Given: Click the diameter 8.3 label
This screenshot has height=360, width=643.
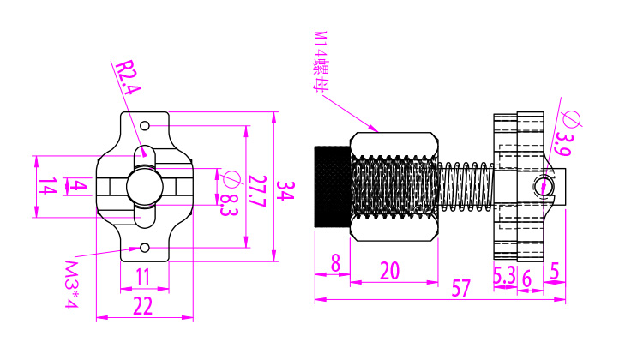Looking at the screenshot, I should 228,192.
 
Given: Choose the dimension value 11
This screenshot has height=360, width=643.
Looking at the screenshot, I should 142,277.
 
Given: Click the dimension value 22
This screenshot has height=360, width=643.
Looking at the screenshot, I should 142,305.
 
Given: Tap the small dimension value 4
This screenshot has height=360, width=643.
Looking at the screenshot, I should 79,186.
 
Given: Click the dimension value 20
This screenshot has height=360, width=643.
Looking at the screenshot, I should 389,271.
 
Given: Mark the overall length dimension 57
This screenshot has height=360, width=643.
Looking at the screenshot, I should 460,288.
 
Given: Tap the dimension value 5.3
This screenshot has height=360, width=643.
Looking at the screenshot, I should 504,275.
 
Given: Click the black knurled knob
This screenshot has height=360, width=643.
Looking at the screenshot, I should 332,186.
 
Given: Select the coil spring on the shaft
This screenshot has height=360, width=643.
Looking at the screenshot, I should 466,186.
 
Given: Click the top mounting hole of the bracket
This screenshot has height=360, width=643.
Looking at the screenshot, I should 146,126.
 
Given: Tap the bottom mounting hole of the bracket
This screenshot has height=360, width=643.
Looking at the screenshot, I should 146,249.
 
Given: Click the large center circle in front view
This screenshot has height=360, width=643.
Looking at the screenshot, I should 143,186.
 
